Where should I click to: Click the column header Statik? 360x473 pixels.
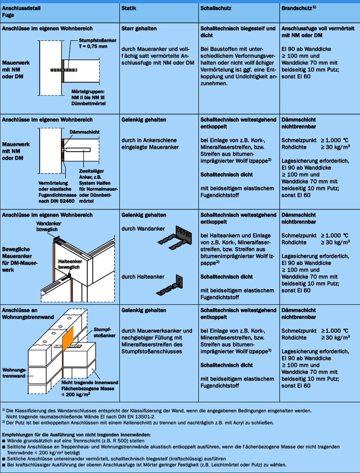click(129, 9)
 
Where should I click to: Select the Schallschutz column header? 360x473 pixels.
click(216, 9)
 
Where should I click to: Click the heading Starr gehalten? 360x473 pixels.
click(139, 29)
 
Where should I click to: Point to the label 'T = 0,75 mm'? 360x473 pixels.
click(93, 46)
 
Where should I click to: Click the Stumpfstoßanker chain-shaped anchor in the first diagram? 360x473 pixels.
click(64, 70)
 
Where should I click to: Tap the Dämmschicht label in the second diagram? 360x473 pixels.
click(84, 132)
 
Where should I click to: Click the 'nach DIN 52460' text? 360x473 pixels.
click(57, 201)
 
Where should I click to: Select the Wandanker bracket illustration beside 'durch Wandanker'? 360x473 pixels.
click(175, 238)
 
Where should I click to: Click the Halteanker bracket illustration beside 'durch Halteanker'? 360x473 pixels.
click(170, 285)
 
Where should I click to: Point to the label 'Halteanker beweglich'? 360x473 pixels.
click(70, 264)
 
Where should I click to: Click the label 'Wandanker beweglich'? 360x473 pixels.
click(49, 226)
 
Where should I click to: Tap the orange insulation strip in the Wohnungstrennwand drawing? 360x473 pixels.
click(68, 338)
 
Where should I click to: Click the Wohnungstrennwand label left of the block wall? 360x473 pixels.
click(14, 373)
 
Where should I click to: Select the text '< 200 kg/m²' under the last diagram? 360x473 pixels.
click(75, 394)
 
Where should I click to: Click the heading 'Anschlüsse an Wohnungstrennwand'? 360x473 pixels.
click(28, 313)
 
